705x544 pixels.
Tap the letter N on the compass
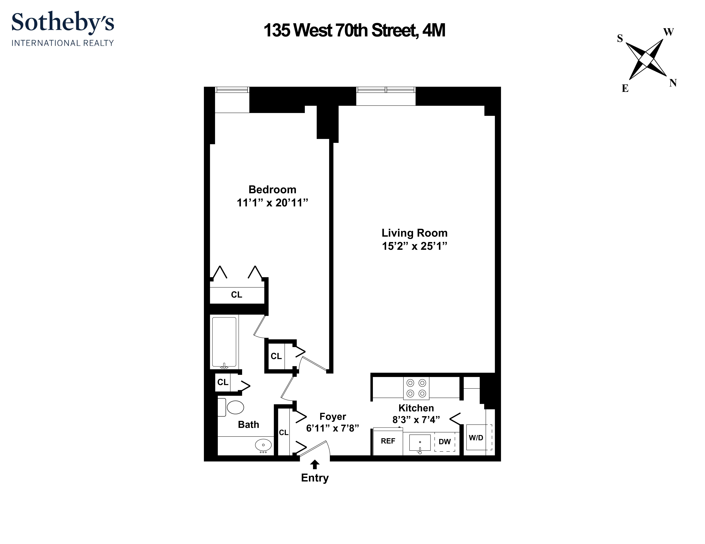pyautogui.click(x=673, y=83)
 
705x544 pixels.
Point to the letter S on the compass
pyautogui.click(x=620, y=39)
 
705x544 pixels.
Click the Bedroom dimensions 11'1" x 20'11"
pyautogui.click(x=272, y=203)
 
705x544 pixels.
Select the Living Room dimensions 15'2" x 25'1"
pyautogui.click(x=415, y=246)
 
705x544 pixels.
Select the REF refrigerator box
pyautogui.click(x=388, y=441)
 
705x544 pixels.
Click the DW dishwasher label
pyautogui.click(x=445, y=442)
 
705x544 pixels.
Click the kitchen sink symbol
pyautogui.click(x=420, y=442)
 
